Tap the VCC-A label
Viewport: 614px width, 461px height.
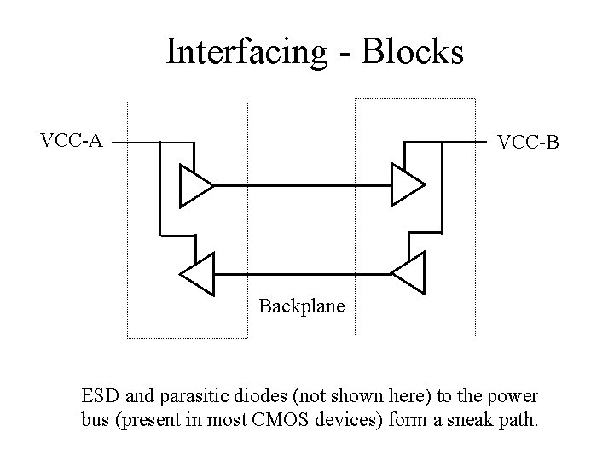click(x=72, y=140)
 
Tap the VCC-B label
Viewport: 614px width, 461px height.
click(x=528, y=142)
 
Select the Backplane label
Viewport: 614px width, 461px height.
click(x=302, y=305)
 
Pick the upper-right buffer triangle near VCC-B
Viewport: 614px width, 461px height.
click(x=406, y=185)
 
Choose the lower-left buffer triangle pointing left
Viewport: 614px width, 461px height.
click(x=197, y=275)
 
